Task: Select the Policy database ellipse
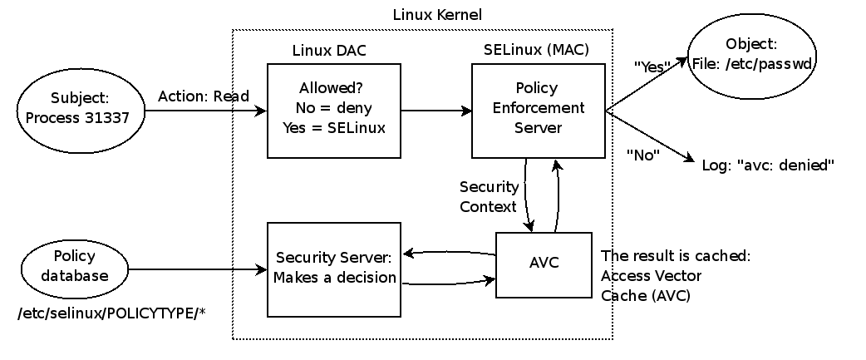pyautogui.click(x=75, y=266)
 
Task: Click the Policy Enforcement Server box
pyautogui.click(x=538, y=110)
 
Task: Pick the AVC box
pyautogui.click(x=544, y=264)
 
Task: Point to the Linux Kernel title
pyautogui.click(x=436, y=15)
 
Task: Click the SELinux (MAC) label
pyautogui.click(x=536, y=50)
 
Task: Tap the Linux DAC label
pyautogui.click(x=329, y=50)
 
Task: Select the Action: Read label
pyautogui.click(x=204, y=96)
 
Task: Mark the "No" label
pyautogui.click(x=642, y=154)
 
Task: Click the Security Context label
pyautogui.click(x=489, y=196)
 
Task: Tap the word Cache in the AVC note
pyautogui.click(x=620, y=294)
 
